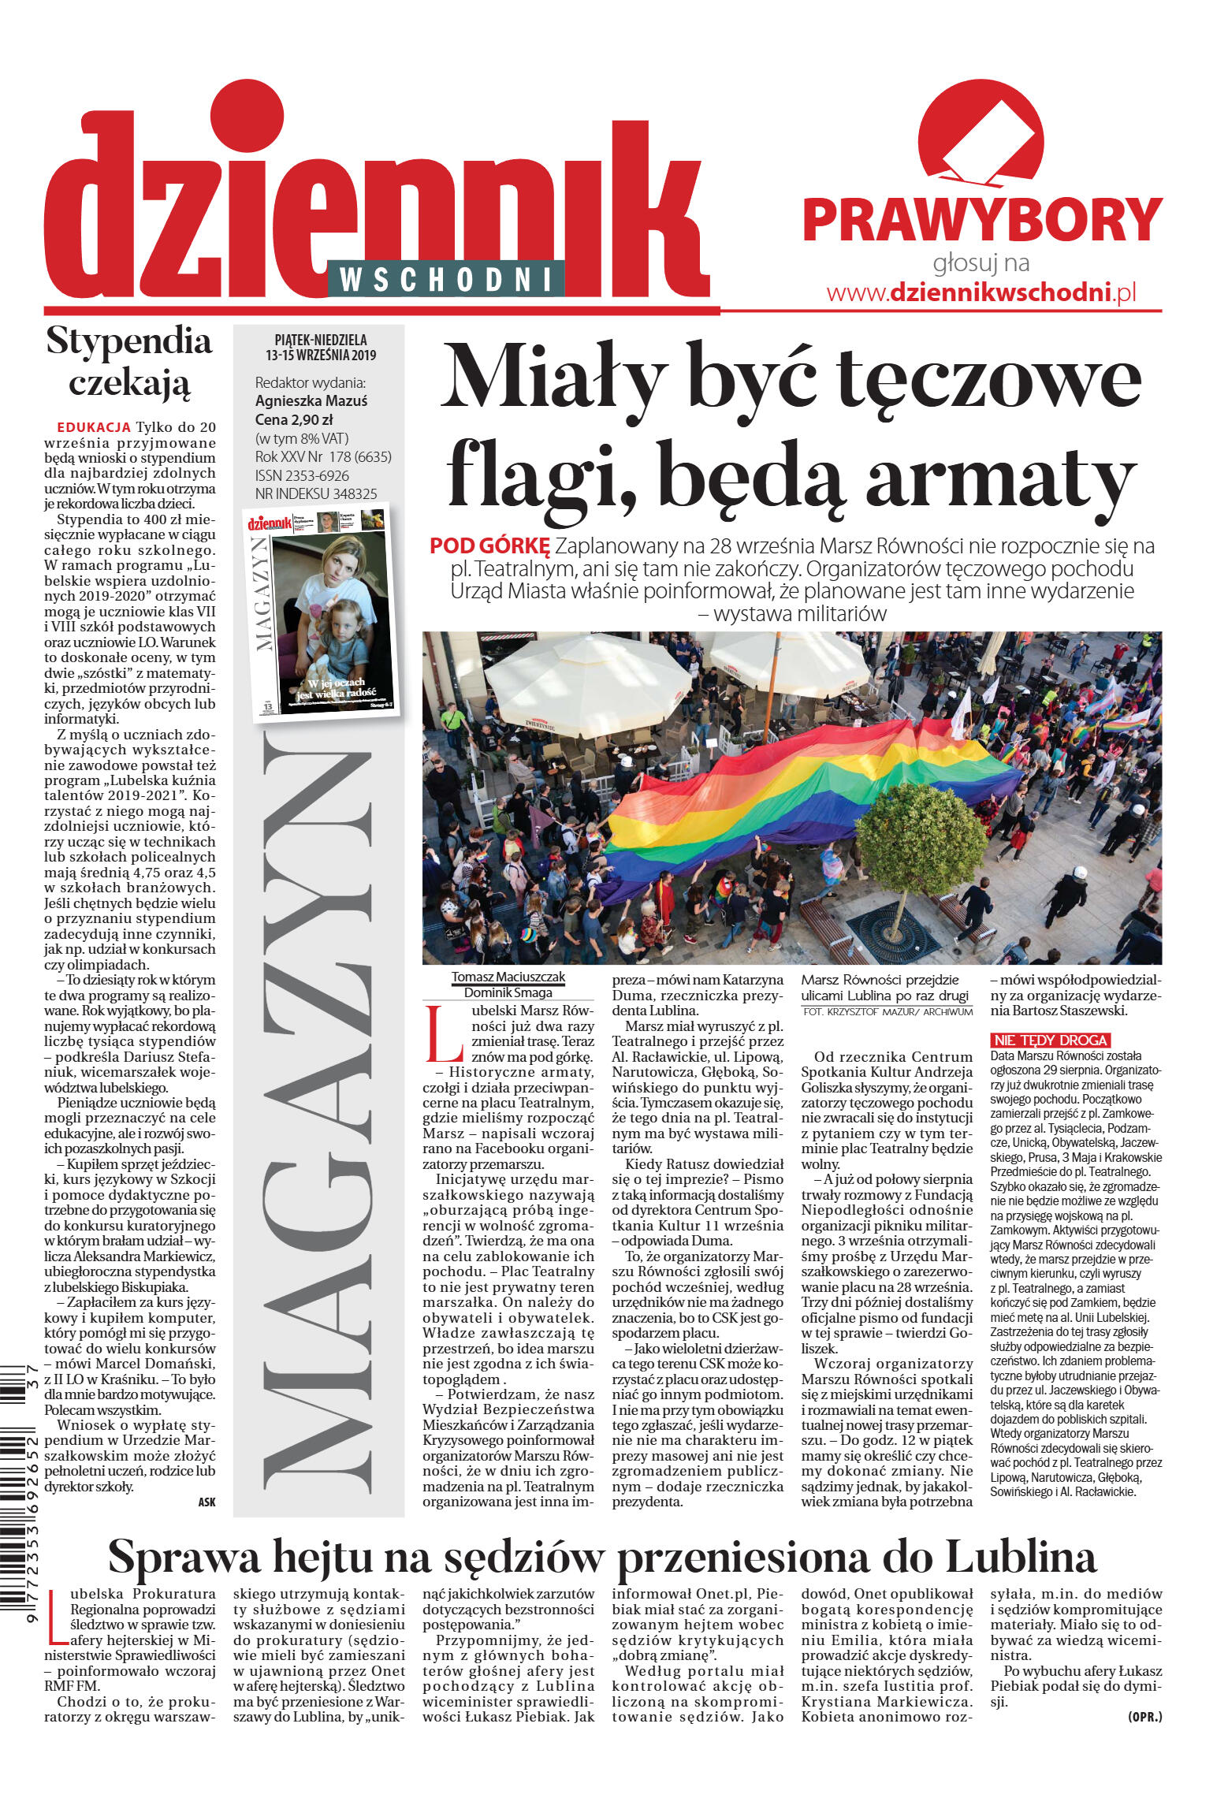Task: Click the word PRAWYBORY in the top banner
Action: pyautogui.click(x=981, y=221)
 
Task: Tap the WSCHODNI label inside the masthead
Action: pyautogui.click(x=445, y=279)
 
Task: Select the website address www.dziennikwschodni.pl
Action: pyautogui.click(x=981, y=292)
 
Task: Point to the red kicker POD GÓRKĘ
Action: pyautogui.click(x=489, y=545)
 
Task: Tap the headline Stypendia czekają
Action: pyautogui.click(x=129, y=361)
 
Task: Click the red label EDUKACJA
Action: pyautogui.click(x=94, y=427)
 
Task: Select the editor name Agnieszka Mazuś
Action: pyautogui.click(x=311, y=400)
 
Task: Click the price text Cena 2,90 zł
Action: pyautogui.click(x=294, y=419)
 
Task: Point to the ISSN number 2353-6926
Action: pyautogui.click(x=302, y=475)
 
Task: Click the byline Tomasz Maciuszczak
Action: pyautogui.click(x=508, y=977)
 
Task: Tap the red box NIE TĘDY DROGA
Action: pyautogui.click(x=1050, y=1040)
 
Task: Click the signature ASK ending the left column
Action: pyautogui.click(x=207, y=1502)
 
